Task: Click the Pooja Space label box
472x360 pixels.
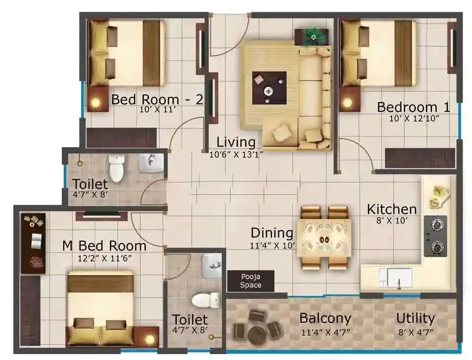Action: click(x=251, y=281)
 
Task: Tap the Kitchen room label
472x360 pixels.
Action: click(x=391, y=209)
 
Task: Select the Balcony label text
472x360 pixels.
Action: click(x=325, y=318)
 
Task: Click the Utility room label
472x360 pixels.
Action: click(x=415, y=318)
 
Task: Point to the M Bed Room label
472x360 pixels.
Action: click(x=104, y=245)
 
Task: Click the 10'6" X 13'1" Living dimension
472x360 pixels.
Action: click(x=236, y=154)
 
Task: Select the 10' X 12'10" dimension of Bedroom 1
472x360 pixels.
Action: click(x=407, y=119)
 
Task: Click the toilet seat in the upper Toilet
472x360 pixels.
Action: click(x=116, y=169)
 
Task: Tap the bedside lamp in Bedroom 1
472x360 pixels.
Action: click(x=348, y=102)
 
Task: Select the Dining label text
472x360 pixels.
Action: click(x=272, y=233)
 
